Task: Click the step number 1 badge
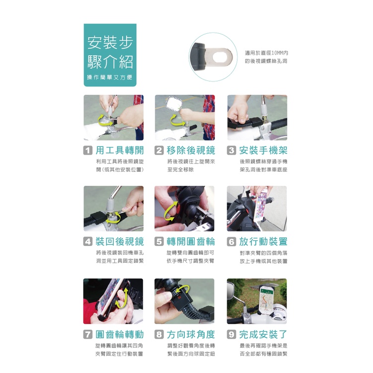(88, 150)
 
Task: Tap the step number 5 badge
(159, 242)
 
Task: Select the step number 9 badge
(231, 334)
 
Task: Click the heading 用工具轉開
(120, 150)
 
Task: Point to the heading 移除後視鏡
(191, 150)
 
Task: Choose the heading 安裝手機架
(263, 150)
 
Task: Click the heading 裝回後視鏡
(120, 242)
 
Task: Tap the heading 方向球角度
(191, 334)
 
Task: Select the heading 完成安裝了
(263, 334)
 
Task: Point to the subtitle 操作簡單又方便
(110, 77)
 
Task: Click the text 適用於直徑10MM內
(266, 53)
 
